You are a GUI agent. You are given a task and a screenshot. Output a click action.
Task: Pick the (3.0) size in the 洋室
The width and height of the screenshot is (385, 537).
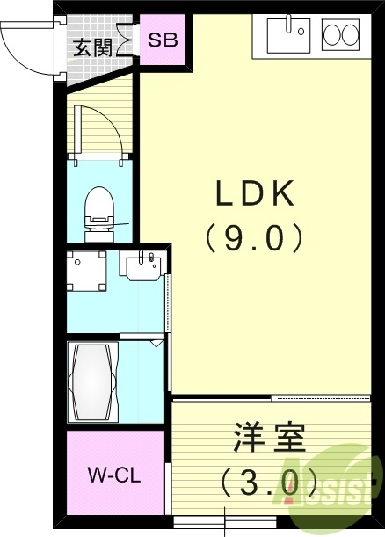click(269, 482)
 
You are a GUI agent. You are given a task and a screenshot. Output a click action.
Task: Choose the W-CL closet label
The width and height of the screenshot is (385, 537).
click(113, 475)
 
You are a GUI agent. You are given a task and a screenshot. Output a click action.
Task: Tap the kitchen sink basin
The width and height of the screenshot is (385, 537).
click(287, 35)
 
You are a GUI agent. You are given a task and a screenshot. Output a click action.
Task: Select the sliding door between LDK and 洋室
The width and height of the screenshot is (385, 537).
click(321, 399)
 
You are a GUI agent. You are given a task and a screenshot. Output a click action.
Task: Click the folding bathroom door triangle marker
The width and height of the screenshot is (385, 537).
click(156, 344)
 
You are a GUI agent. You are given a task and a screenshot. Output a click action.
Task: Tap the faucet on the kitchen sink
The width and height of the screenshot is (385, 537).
click(300, 29)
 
